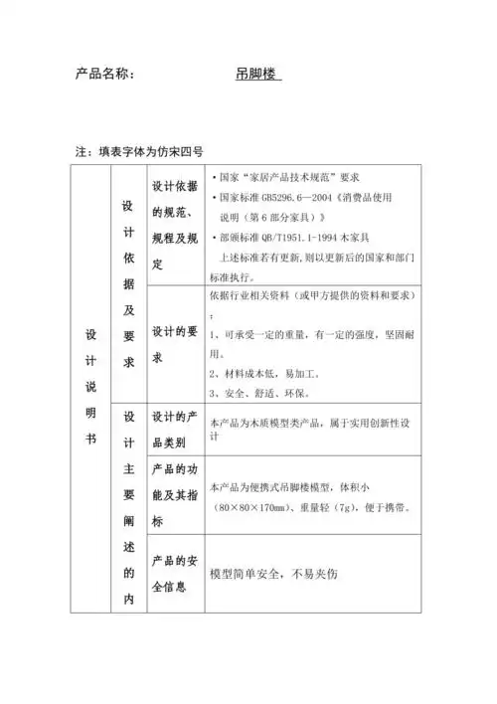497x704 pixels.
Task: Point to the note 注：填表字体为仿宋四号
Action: (x=139, y=152)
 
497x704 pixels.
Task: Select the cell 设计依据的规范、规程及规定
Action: (x=175, y=226)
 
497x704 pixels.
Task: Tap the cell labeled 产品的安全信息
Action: (x=175, y=574)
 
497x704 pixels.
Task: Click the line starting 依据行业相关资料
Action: (x=313, y=296)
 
